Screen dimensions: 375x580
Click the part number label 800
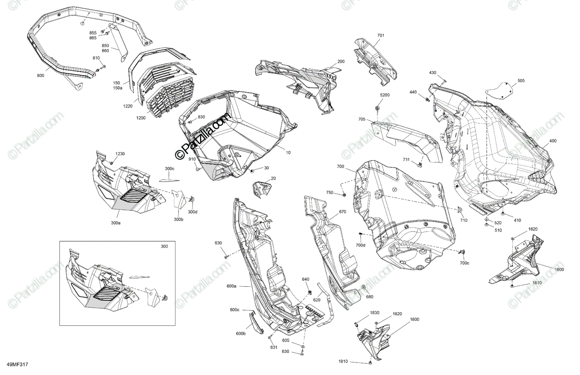pyautogui.click(x=40, y=76)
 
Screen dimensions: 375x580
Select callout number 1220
pyautogui.click(x=128, y=106)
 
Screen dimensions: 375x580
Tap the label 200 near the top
pyautogui.click(x=341, y=62)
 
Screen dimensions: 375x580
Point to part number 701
pyautogui.click(x=381, y=36)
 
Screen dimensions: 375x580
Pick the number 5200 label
pyautogui.click(x=384, y=96)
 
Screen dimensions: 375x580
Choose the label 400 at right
pyautogui.click(x=552, y=141)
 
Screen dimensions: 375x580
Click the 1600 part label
pyautogui.click(x=559, y=270)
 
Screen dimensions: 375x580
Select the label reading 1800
pyautogui.click(x=415, y=319)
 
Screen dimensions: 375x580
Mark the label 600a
pyautogui.click(x=232, y=286)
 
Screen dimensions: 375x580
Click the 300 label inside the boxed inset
pyautogui.click(x=165, y=247)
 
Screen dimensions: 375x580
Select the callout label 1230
pyautogui.click(x=119, y=154)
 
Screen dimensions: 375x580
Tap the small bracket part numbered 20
pyautogui.click(x=261, y=189)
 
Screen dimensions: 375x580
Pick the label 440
pyautogui.click(x=413, y=92)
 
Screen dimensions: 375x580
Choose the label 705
pyautogui.click(x=375, y=119)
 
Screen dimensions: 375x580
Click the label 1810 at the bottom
pyautogui.click(x=343, y=361)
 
